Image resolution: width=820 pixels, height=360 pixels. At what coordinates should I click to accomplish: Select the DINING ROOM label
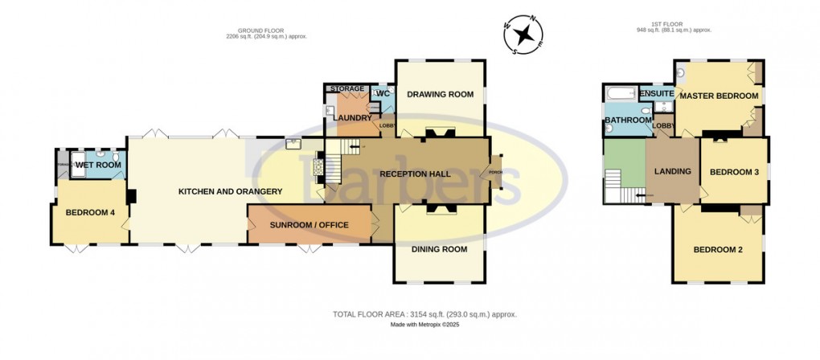[439, 249]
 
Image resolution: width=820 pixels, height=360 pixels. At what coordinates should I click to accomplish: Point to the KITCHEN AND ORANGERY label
[230, 191]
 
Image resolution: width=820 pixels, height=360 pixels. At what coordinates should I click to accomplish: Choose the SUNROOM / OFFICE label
[310, 225]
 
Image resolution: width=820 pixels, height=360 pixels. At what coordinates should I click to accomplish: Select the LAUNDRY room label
[348, 118]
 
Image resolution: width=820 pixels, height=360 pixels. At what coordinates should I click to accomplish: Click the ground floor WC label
[383, 94]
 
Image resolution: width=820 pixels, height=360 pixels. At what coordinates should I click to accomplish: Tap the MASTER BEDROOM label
[718, 96]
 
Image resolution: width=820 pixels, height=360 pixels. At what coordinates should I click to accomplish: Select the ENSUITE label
[657, 93]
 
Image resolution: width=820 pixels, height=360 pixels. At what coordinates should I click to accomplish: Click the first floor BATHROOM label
[628, 121]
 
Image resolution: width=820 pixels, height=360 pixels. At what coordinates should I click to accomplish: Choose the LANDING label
[673, 170]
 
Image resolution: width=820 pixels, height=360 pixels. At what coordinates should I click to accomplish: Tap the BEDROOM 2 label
[718, 249]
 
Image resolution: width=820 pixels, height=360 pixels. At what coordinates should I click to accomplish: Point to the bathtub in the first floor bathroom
[620, 93]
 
